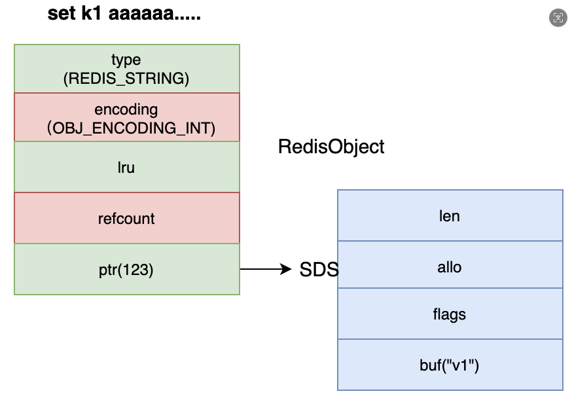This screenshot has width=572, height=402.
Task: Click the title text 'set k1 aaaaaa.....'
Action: [124, 14]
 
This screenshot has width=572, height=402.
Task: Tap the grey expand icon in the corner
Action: [558, 18]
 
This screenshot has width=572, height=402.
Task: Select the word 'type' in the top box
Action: [126, 60]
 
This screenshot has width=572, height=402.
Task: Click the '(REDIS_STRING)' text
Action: [126, 79]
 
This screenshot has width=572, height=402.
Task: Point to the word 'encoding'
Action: [126, 110]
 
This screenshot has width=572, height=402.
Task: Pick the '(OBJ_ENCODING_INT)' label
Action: [131, 128]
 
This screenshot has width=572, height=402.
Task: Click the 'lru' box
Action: [127, 167]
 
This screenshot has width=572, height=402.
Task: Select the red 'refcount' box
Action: [127, 218]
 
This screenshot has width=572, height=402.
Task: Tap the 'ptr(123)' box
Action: [127, 269]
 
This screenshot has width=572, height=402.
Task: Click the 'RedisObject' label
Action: [331, 147]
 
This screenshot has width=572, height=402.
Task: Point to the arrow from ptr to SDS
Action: [266, 269]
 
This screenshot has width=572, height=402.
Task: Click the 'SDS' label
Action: [319, 270]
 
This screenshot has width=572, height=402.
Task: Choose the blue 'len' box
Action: [450, 215]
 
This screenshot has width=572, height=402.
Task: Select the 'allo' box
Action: [450, 265]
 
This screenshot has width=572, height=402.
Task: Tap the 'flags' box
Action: [450, 314]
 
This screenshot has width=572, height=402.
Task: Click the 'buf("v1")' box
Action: [450, 365]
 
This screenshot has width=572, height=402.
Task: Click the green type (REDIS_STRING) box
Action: [127, 69]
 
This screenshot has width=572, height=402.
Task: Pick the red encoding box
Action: [127, 117]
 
